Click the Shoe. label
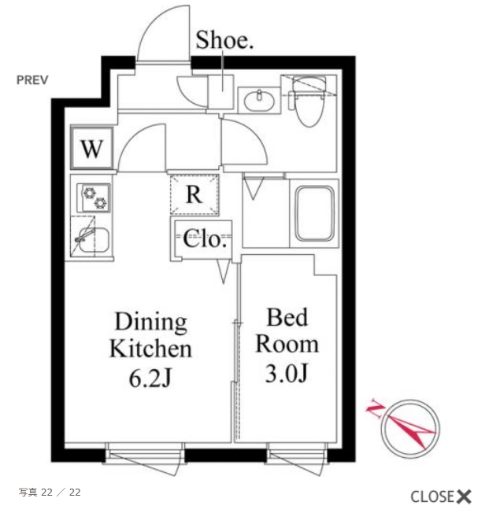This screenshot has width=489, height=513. click(224, 40)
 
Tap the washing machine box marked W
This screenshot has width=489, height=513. click(91, 148)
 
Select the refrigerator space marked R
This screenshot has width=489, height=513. click(194, 194)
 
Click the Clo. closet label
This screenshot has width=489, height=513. click(205, 239)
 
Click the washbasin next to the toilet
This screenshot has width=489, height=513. click(259, 100)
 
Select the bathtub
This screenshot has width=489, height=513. click(315, 213)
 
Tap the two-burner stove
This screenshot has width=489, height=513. click(94, 197)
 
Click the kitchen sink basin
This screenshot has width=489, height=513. click(94, 239)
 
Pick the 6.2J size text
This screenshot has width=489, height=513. click(150, 378)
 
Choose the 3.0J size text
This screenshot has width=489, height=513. click(287, 374)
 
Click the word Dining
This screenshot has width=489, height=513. click(151, 323)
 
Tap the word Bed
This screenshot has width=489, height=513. click(287, 317)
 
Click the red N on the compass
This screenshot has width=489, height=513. click(375, 408)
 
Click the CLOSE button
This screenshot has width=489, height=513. click(441, 496)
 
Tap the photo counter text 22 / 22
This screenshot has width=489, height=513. click(61, 493)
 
